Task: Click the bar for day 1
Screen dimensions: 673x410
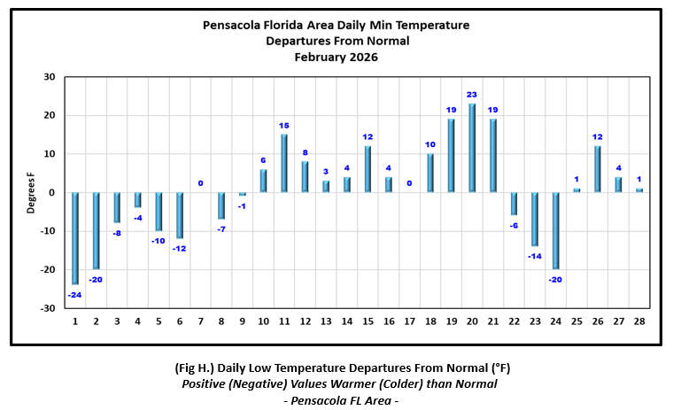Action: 75,238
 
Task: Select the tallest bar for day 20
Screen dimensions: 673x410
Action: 472,148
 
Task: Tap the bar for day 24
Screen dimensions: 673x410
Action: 556,230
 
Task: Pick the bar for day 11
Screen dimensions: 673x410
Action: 284,163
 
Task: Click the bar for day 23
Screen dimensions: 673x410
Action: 535,219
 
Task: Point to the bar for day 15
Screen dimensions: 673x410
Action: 367,169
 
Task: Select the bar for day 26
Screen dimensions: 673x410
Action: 598,169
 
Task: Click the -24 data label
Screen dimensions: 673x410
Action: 74,295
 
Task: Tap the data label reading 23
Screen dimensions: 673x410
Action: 472,95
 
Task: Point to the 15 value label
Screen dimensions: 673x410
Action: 283,126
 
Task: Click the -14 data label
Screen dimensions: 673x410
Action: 534,256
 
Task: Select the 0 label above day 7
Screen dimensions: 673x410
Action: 200,183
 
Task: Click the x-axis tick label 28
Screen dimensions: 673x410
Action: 639,321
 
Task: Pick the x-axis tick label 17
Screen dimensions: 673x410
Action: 409,321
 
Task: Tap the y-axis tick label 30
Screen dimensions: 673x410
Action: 50,77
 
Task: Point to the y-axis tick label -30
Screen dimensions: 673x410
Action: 48,308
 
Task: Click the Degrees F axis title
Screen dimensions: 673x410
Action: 30,193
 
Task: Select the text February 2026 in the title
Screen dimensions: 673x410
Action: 336,57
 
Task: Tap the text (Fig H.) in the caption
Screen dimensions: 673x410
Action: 195,367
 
